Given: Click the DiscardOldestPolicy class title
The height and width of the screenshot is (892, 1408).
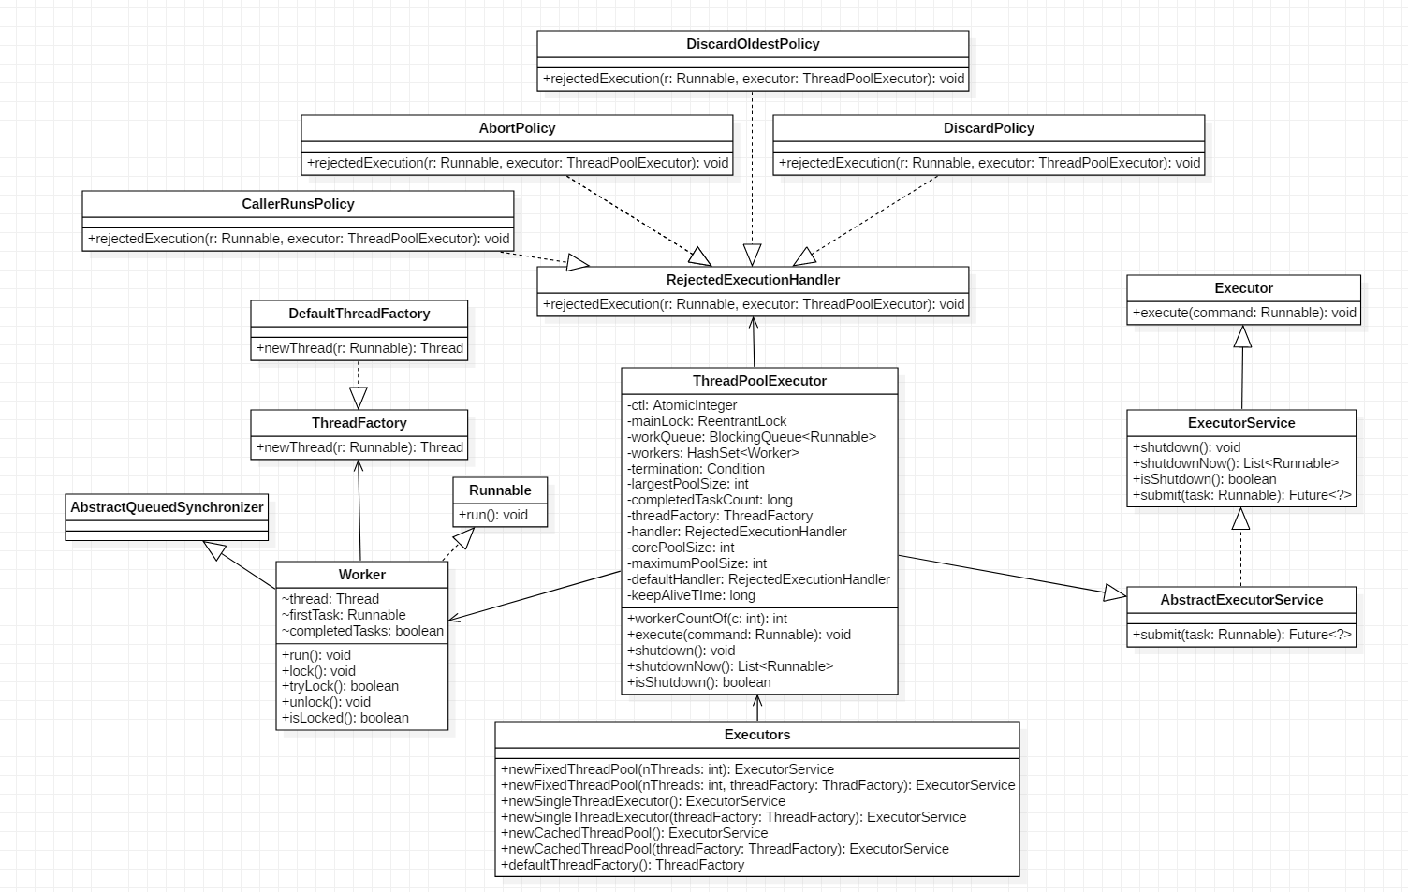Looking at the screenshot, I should (753, 44).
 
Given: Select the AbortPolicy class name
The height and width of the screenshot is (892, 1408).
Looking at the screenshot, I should (517, 128).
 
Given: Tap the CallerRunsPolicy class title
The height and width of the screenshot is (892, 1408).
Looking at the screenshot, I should (298, 204).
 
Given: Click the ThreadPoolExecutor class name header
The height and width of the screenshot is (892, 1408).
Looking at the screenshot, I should (759, 381).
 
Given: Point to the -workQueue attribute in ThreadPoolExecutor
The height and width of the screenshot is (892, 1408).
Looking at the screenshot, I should (752, 437).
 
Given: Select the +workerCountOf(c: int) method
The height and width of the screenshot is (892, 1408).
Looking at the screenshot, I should (708, 619).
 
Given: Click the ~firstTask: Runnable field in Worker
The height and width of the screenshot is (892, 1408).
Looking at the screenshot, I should (344, 615).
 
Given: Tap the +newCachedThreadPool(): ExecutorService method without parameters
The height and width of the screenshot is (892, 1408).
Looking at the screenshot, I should (634, 833).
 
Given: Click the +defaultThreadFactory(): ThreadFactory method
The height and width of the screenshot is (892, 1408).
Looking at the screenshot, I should (623, 865).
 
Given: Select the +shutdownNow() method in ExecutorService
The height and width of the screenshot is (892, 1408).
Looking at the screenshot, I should (1236, 463).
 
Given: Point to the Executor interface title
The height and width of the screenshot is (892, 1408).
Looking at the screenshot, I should (1243, 288).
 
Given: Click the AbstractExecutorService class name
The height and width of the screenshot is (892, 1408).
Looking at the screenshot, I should (1241, 600).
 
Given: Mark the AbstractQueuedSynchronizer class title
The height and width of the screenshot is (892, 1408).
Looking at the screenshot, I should (167, 507).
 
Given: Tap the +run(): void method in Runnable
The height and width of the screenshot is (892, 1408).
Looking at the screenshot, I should (493, 515).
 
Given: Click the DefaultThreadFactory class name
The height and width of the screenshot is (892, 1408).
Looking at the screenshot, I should (359, 314).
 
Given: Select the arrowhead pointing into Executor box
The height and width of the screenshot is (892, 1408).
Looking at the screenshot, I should (1242, 337).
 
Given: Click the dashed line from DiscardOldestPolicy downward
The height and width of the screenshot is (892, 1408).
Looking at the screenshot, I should (752, 168).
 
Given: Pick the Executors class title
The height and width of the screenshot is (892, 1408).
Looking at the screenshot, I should (756, 735).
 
